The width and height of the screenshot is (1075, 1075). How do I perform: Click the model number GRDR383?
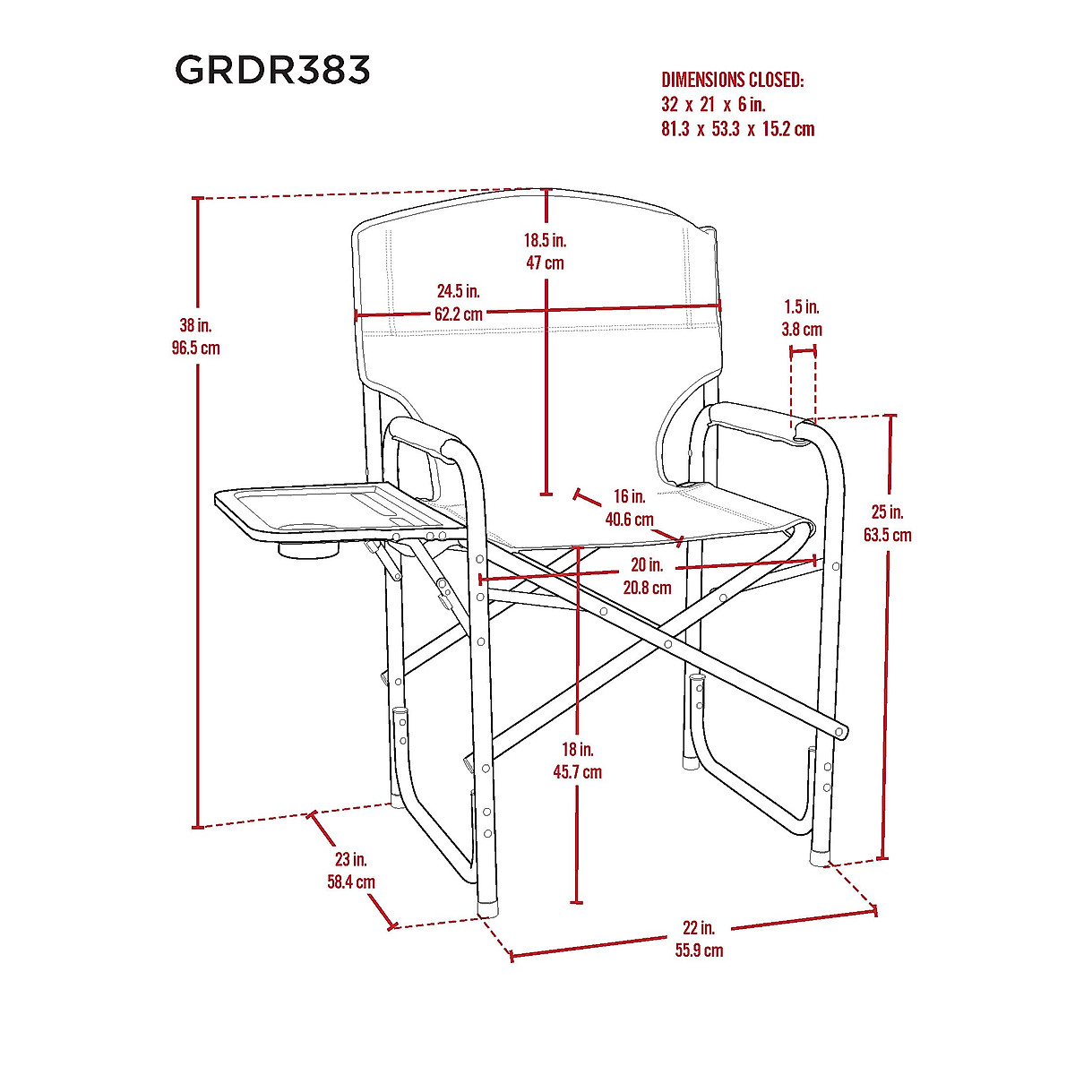[x=272, y=70]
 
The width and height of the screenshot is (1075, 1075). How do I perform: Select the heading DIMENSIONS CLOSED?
[x=733, y=80]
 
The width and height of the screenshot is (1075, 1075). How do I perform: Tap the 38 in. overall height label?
[x=195, y=326]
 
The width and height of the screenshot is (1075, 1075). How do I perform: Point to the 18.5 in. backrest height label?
[x=546, y=240]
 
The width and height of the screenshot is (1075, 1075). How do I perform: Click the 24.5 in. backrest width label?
[x=458, y=291]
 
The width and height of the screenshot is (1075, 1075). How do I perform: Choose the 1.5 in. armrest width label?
[x=801, y=307]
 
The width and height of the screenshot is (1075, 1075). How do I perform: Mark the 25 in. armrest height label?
[x=888, y=512]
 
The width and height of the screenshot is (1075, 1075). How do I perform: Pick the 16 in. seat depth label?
[x=630, y=496]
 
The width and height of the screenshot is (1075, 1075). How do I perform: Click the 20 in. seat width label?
[x=647, y=565]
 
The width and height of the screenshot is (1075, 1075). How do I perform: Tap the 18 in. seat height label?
[x=578, y=750]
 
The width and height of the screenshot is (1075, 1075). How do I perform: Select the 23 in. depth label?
[x=351, y=859]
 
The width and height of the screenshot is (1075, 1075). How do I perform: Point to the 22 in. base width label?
[x=699, y=928]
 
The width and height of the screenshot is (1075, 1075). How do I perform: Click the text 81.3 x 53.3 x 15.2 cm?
[x=738, y=129]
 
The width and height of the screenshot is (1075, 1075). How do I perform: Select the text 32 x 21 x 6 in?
[x=713, y=105]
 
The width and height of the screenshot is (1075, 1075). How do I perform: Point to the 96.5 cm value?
[x=195, y=348]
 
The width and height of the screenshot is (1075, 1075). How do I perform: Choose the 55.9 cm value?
[x=699, y=950]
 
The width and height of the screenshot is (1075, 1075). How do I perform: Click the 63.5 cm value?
[x=888, y=536]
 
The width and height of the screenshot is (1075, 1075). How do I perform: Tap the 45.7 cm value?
[x=578, y=772]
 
